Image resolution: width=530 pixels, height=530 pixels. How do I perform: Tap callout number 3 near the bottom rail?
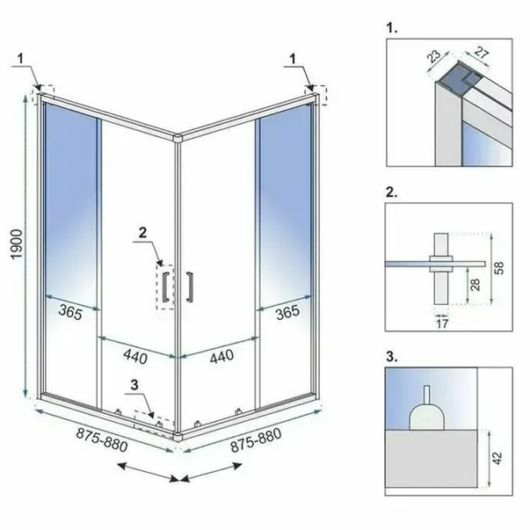(x=134, y=383)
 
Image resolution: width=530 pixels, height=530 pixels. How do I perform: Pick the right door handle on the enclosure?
(x=189, y=287)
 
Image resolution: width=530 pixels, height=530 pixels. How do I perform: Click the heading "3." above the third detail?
(x=392, y=358)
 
